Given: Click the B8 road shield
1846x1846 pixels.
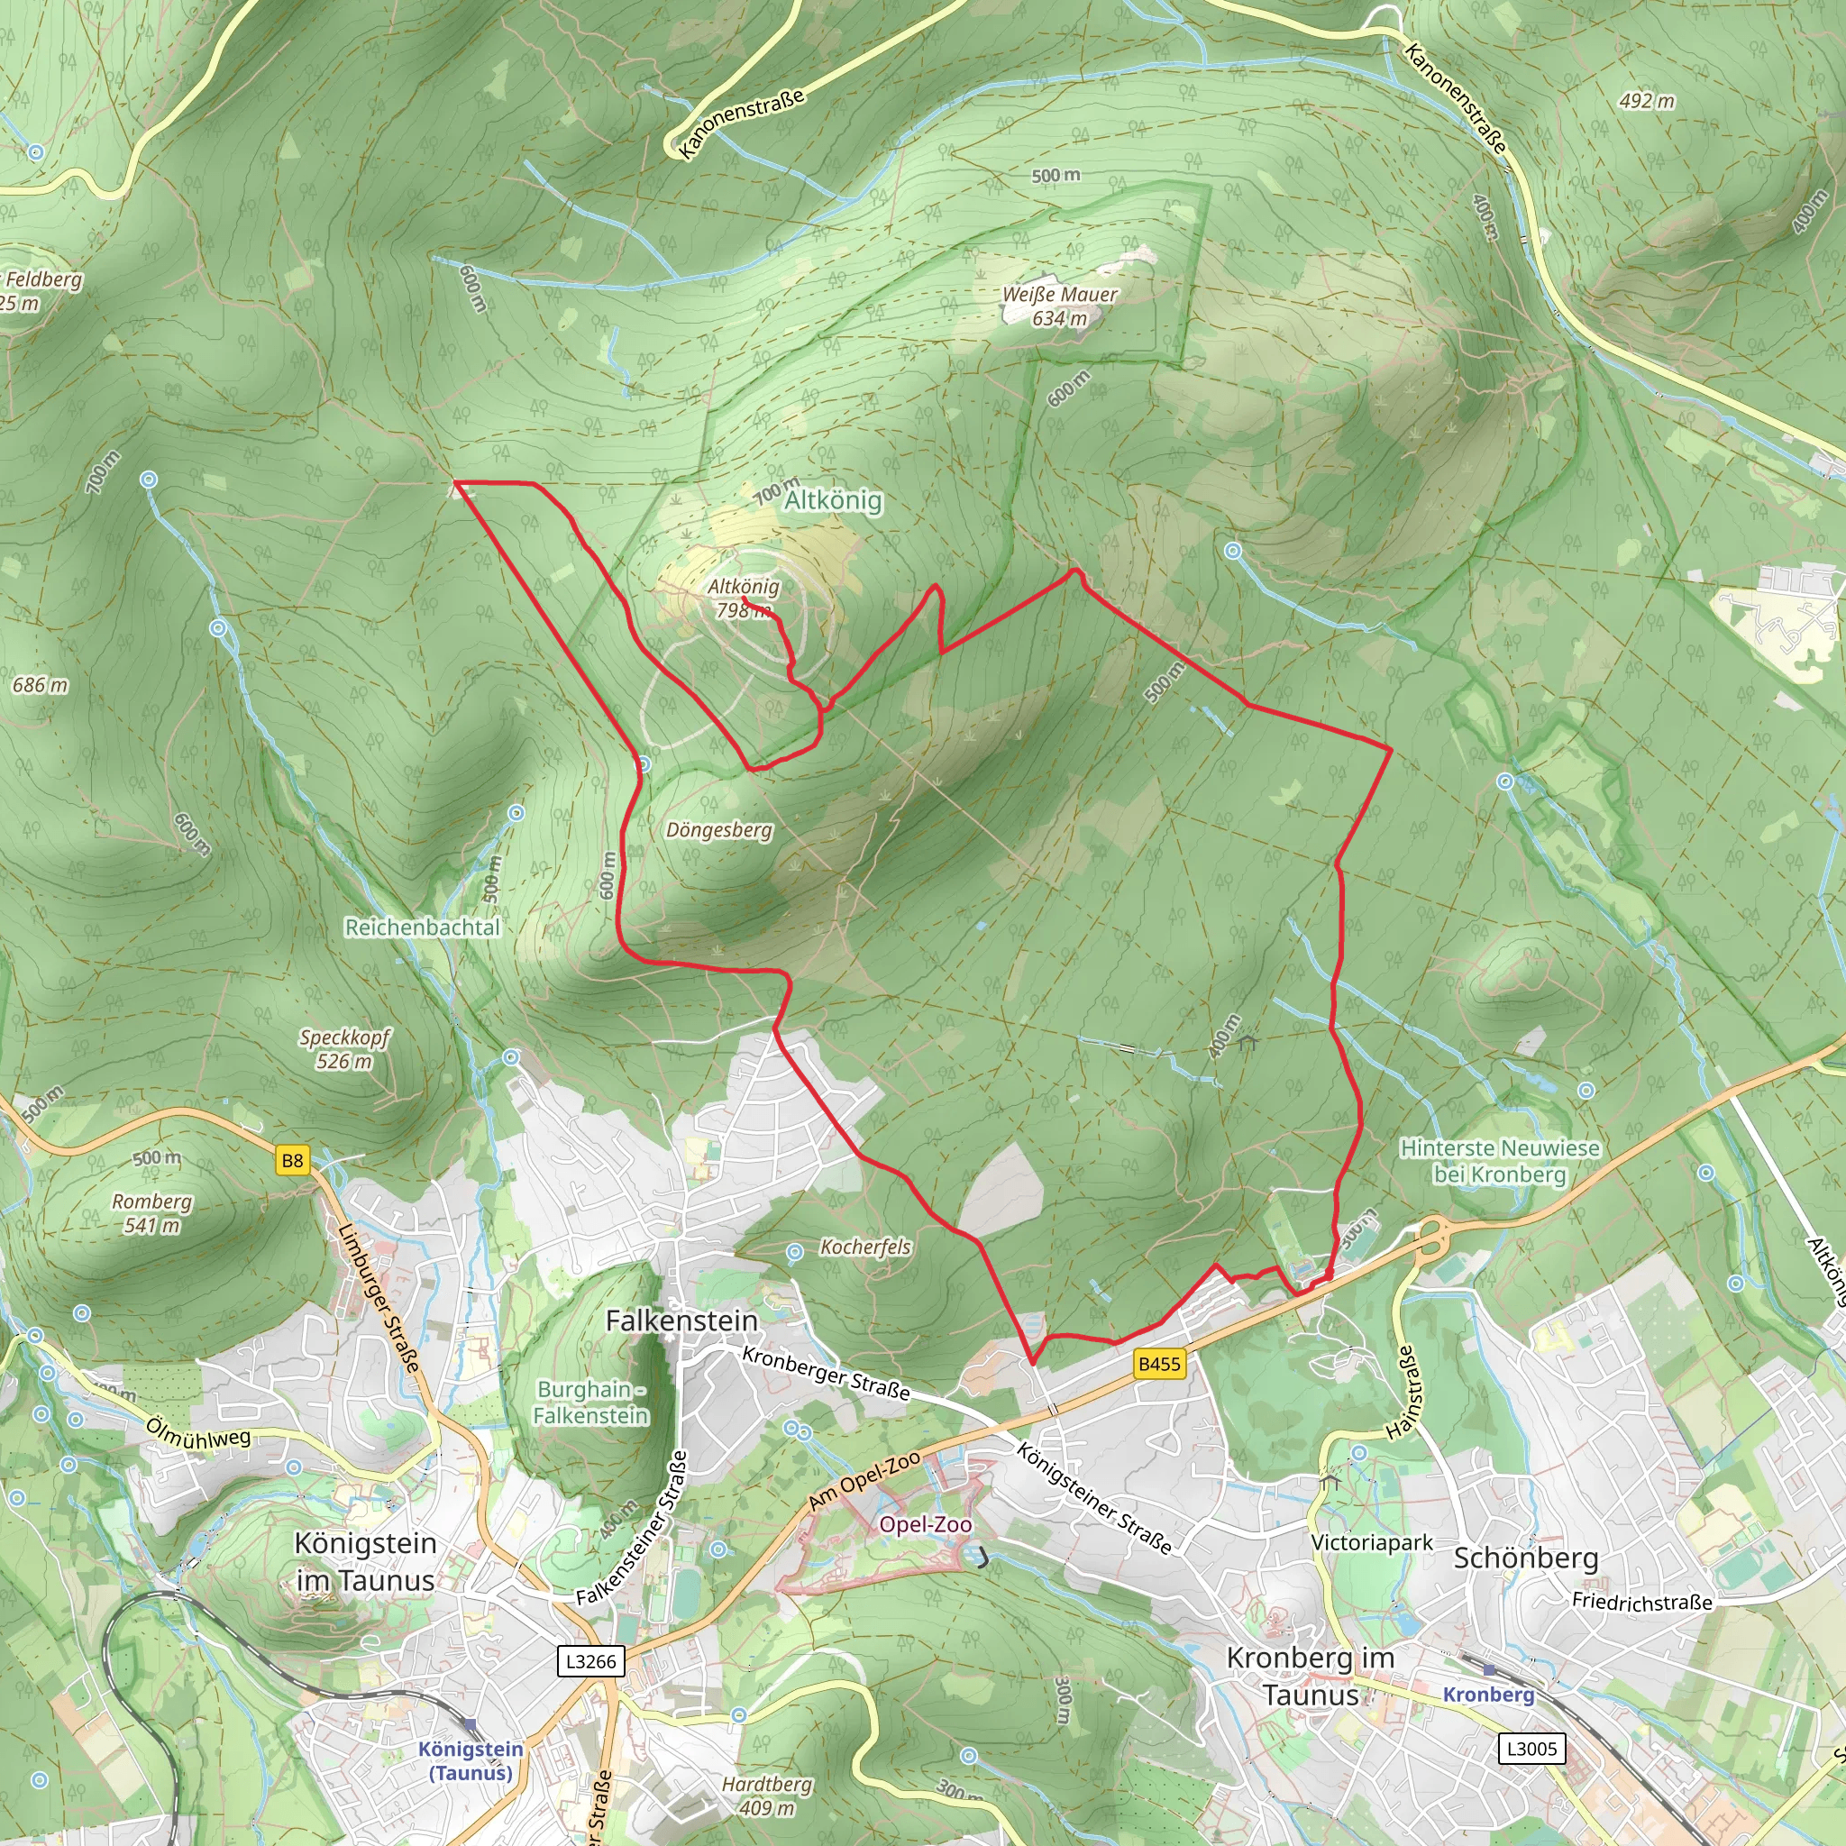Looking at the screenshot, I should click(292, 1161).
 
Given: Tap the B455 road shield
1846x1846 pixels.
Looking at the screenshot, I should click(1159, 1364).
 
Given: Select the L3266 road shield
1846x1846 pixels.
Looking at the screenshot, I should click(590, 1660).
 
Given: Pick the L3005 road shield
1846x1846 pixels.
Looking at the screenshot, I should click(1531, 1749).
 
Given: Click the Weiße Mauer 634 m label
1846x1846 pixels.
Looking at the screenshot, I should click(1059, 306).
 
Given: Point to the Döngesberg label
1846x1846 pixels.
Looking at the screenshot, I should click(718, 829).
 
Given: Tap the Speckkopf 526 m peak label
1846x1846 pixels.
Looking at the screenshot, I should click(345, 1048).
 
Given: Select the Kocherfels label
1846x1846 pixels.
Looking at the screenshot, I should click(865, 1247).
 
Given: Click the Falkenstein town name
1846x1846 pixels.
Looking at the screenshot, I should click(681, 1321).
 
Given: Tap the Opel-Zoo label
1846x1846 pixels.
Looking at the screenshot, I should click(925, 1524).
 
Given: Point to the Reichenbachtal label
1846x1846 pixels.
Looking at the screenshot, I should click(423, 927).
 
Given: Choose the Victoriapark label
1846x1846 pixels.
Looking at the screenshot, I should click(1371, 1542).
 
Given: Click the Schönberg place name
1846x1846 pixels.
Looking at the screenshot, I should click(1525, 1558).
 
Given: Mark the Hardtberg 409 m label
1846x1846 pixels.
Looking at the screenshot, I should click(766, 1796).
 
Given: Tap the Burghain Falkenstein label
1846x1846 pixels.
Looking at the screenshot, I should click(590, 1403).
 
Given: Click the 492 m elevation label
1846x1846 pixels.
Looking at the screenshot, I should click(1646, 100).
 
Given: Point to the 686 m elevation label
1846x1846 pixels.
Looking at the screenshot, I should click(41, 685).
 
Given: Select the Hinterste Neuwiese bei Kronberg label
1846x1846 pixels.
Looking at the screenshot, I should click(1499, 1161).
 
